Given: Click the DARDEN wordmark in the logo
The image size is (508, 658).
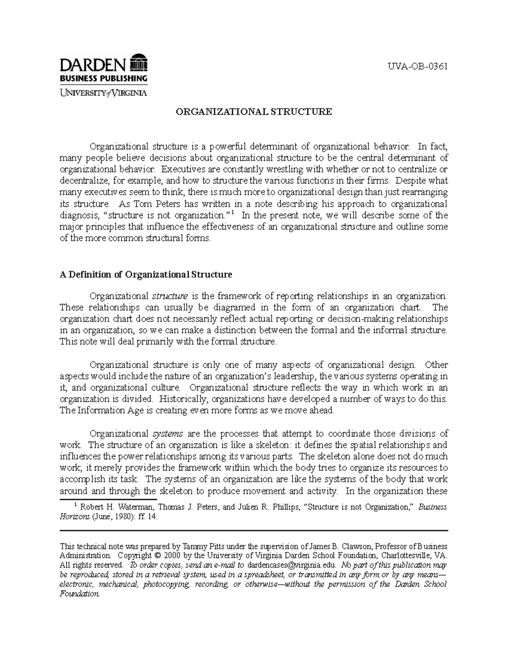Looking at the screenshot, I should [x=93, y=65].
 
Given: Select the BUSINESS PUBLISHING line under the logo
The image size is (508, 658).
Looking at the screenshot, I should [x=103, y=78].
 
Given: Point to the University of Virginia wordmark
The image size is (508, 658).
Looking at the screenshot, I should [x=103, y=93].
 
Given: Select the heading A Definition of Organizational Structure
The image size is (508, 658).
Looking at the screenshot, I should [x=146, y=275].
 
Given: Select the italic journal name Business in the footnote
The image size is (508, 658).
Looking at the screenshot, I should [x=432, y=507].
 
